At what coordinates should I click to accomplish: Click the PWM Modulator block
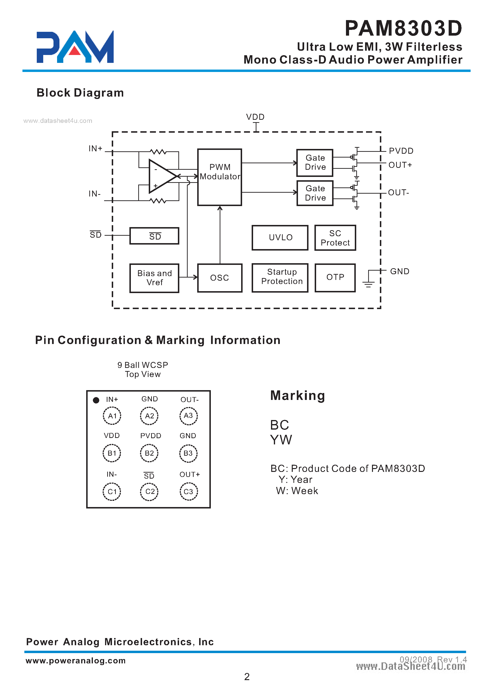219,177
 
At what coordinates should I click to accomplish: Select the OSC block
220,278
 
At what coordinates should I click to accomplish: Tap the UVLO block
280,238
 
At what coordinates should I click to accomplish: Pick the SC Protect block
335,238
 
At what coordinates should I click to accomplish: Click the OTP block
335,278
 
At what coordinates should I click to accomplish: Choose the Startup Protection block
280,278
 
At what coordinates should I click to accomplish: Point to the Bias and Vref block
154,278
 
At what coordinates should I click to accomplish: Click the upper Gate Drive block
315,163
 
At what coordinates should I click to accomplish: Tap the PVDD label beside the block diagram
401,151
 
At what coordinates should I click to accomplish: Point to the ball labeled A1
112,416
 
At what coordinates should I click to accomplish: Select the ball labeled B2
149,453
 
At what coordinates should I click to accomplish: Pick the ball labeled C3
188,491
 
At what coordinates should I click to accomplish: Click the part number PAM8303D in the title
403,28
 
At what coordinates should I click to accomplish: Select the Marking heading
297,396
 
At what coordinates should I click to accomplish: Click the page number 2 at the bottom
247,677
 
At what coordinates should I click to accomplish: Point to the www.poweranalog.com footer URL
75,660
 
